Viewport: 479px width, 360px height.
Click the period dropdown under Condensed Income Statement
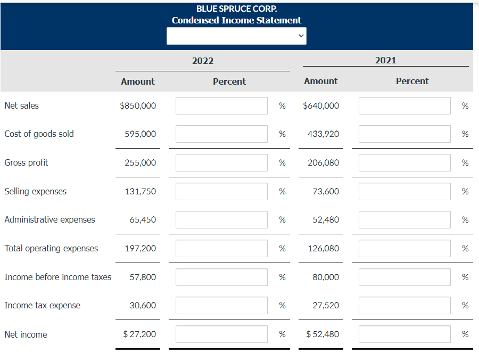(236, 36)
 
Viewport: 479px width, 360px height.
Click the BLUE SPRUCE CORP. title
(236, 9)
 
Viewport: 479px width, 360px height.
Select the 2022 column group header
(203, 61)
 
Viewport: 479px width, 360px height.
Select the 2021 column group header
(386, 60)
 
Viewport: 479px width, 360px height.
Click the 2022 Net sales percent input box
(221, 105)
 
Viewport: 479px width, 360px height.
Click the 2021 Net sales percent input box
(404, 105)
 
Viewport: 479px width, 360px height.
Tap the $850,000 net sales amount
(138, 105)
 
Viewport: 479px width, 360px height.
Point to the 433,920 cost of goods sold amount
(323, 134)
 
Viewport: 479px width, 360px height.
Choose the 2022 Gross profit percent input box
(221, 163)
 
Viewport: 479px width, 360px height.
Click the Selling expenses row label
(36, 191)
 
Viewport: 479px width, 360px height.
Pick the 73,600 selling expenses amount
(325, 191)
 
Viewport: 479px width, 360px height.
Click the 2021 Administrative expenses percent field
(404, 219)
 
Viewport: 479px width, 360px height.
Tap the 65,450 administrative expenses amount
(143, 219)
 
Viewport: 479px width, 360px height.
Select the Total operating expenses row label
(51, 248)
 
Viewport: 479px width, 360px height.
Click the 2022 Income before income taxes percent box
(221, 277)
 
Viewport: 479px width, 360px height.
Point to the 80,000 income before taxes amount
(325, 277)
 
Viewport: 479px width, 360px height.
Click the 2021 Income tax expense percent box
(404, 305)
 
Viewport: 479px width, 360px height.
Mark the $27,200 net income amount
(139, 334)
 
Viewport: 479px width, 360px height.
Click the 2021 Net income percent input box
(404, 334)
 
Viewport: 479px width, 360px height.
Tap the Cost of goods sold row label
(39, 134)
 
